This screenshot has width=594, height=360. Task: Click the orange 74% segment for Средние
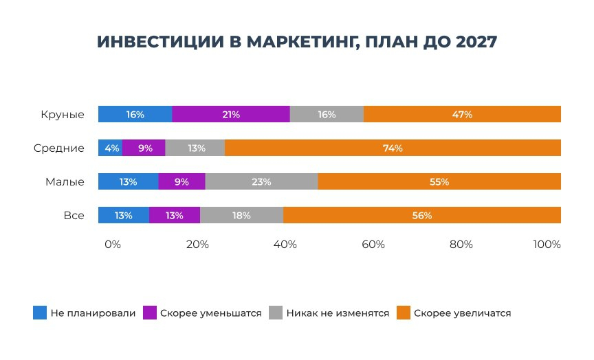tap(393, 148)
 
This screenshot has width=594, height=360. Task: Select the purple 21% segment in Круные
tap(231, 115)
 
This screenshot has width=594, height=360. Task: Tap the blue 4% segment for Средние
tap(110, 148)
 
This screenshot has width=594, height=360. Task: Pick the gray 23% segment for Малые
tap(261, 182)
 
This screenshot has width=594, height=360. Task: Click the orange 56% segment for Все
tap(422, 215)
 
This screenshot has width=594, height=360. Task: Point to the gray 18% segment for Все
tap(241, 215)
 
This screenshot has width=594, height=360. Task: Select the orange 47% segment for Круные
tap(462, 115)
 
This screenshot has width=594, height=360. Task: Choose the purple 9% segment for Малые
tap(181, 182)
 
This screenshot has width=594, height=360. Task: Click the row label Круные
tap(63, 115)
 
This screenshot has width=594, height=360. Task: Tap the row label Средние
tap(59, 148)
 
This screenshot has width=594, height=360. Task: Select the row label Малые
tap(65, 182)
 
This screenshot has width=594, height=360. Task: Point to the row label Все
tap(74, 215)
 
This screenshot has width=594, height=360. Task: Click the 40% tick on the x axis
tap(285, 245)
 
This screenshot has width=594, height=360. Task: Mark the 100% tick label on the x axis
tap(547, 245)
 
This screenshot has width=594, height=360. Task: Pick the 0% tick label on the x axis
tap(112, 245)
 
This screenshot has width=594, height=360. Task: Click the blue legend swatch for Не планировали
tap(39, 313)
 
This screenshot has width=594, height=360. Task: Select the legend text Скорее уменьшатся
tap(211, 313)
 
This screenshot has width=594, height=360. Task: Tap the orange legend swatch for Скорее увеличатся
tap(403, 313)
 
